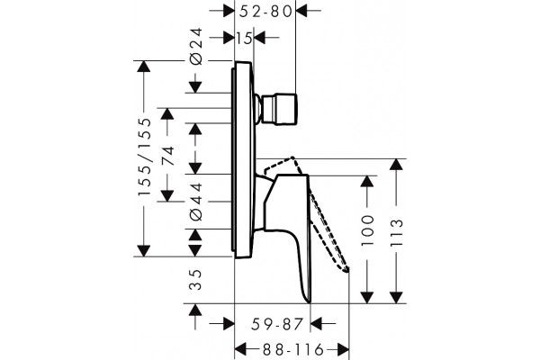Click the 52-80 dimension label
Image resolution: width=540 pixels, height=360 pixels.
(265, 12)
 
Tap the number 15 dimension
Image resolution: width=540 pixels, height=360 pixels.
(244, 38)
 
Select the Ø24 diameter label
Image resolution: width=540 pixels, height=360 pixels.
(196, 46)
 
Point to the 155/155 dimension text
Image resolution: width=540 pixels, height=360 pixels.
(145, 157)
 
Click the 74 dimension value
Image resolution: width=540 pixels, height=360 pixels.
(168, 156)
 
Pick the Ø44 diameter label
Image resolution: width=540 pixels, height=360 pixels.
(196, 202)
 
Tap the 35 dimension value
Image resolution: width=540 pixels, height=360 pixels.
(195, 280)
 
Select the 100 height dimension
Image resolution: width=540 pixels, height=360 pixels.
(367, 230)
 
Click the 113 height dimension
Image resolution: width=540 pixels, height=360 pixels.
(397, 232)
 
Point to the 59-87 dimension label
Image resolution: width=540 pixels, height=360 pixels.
(277, 324)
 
